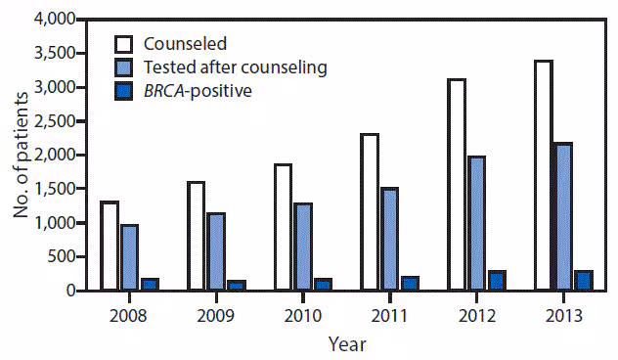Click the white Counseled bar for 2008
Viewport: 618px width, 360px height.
110,247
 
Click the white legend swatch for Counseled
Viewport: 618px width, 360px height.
124,44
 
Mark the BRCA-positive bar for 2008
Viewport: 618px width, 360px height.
149,285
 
